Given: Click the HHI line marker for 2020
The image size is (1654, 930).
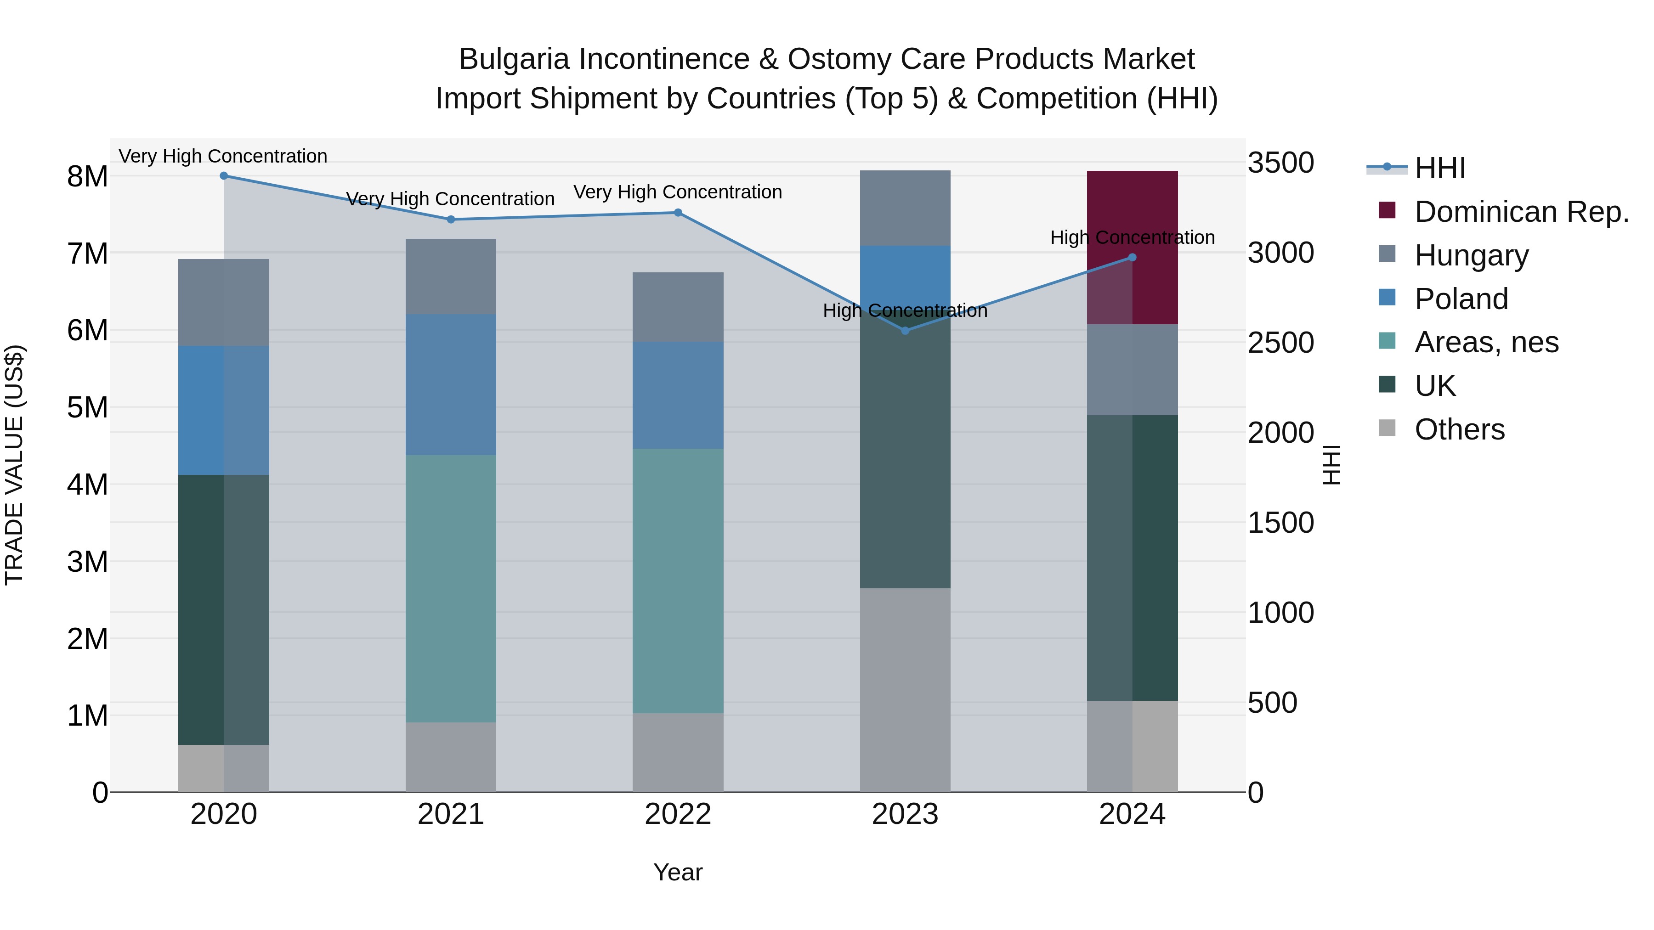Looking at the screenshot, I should point(223,176).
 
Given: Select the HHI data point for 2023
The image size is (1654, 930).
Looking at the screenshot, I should point(905,331).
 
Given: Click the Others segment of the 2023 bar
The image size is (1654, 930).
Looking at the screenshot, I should point(905,690).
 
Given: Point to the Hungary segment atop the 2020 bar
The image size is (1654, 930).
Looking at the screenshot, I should point(223,302).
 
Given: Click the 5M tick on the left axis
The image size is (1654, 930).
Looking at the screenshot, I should point(87,407).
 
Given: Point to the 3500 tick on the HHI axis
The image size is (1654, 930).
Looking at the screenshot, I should point(1280,163).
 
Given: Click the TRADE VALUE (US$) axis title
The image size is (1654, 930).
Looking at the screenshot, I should point(14,465).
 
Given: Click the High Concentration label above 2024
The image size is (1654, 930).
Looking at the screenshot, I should point(1133,237).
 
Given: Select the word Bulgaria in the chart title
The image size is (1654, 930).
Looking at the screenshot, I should point(514,60).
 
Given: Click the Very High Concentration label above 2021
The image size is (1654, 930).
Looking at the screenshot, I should point(451,199).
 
